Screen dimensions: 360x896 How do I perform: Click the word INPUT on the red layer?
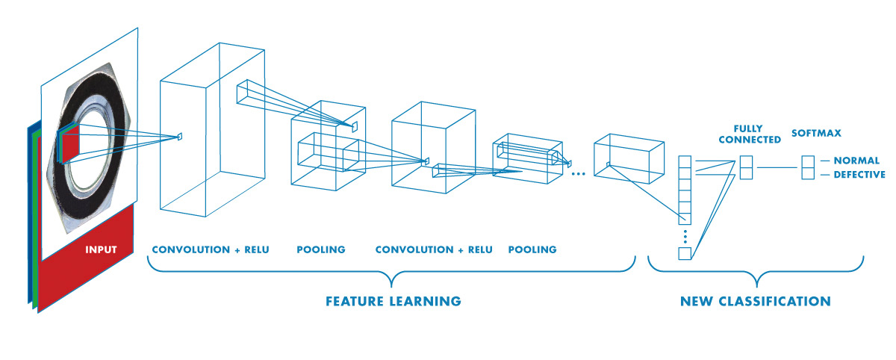101,249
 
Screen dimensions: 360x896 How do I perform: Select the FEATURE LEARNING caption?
393,302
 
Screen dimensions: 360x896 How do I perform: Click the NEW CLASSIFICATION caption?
755,302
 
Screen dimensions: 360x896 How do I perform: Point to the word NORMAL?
857,161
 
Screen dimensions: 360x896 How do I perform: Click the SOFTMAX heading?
816,134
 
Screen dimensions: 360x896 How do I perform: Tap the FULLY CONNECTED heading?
747,134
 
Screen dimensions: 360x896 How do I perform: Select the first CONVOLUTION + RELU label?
210,249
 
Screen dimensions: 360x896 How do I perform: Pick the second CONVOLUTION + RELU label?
434,249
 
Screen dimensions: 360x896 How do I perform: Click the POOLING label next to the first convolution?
321,249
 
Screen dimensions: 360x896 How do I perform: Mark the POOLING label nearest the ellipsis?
532,249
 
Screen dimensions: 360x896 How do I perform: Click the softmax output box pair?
807,168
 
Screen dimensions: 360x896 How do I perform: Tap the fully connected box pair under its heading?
746,168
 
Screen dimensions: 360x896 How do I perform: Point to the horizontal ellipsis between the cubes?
577,173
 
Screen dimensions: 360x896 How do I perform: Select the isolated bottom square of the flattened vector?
685,253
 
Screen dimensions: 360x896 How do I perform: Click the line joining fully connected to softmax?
779,168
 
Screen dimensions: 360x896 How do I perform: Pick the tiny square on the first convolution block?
180,136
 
